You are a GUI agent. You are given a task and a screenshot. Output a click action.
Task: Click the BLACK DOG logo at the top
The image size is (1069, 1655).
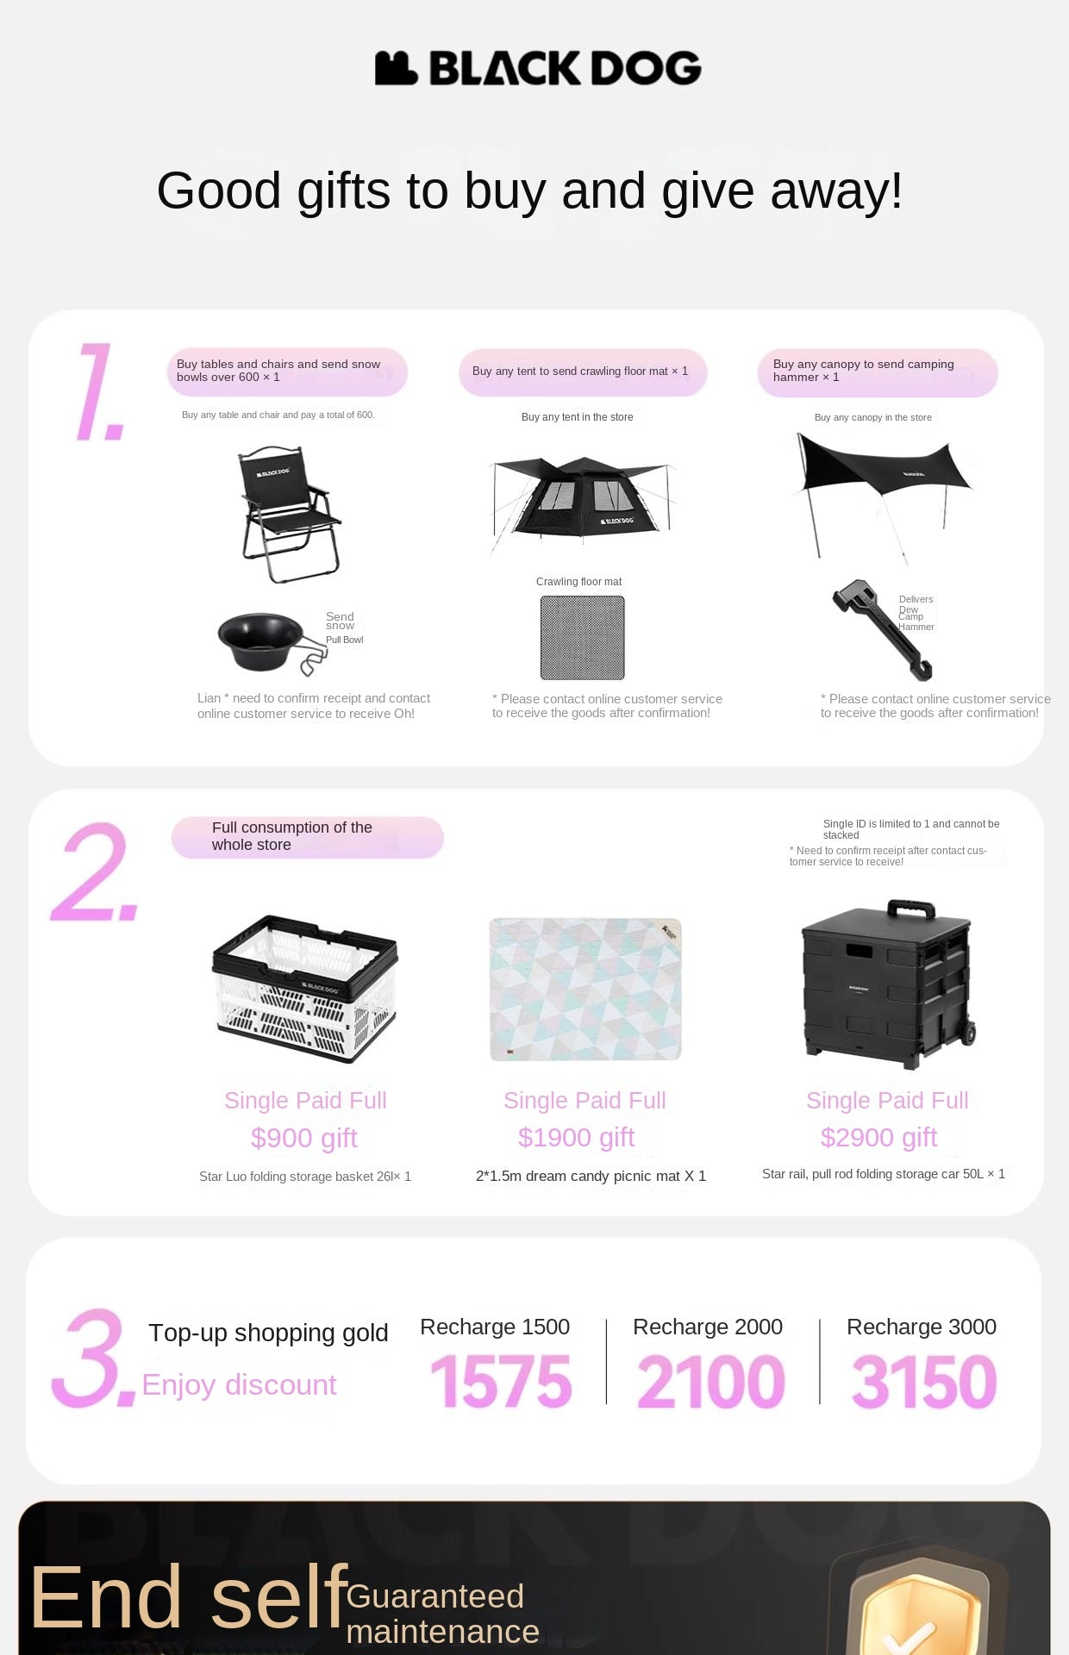click(538, 68)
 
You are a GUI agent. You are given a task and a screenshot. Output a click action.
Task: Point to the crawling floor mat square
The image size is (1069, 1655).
click(583, 638)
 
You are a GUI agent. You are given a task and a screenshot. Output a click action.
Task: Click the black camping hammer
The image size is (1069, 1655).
click(882, 629)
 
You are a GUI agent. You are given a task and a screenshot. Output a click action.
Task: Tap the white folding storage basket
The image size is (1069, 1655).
click(304, 989)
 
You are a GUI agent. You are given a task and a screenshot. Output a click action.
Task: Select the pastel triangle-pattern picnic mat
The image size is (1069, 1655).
click(585, 989)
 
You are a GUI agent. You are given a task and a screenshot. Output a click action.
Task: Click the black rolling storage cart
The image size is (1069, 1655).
click(889, 978)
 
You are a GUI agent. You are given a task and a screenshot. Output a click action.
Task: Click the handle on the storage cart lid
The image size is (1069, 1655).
click(911, 909)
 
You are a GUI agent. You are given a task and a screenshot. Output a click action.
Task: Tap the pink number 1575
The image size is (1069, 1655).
click(501, 1382)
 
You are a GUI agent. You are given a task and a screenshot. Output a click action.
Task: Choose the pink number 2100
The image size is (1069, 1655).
click(711, 1382)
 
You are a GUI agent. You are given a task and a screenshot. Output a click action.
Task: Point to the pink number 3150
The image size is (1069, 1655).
click(924, 1382)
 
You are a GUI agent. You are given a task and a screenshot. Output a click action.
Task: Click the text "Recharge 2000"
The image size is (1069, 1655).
click(708, 1327)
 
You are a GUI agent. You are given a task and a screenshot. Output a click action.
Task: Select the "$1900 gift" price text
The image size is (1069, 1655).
click(576, 1138)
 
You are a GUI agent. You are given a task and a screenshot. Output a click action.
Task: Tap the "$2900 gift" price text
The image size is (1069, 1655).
click(878, 1138)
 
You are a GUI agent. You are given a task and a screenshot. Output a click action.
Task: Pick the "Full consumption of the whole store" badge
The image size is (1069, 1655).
click(308, 837)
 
